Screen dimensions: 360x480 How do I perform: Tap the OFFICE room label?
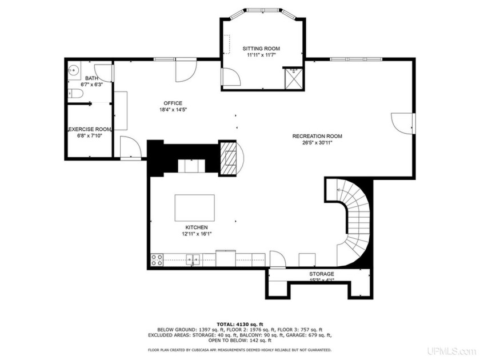[173, 103]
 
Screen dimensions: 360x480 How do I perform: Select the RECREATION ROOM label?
[317, 136]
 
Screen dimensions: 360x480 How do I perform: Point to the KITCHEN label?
[191, 227]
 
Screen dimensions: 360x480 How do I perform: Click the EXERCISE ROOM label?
[90, 130]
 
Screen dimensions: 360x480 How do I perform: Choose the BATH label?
[91, 78]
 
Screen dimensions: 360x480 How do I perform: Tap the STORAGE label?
[322, 274]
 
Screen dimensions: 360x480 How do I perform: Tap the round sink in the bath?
[73, 71]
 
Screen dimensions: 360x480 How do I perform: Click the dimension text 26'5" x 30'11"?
[317, 143]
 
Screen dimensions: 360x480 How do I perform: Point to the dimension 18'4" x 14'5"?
[173, 110]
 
